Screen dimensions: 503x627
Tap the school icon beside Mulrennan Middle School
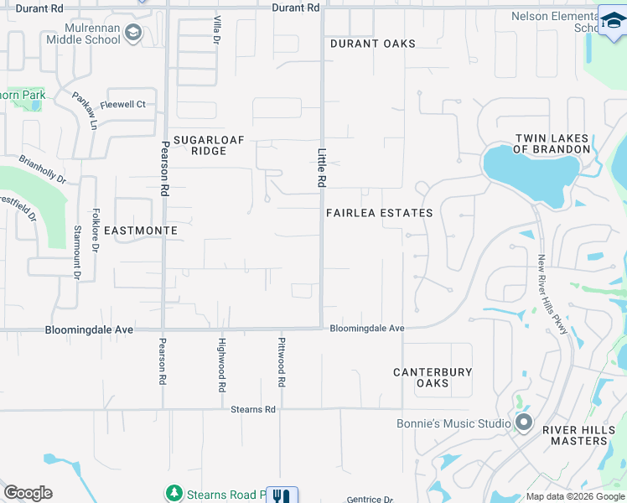[132, 33]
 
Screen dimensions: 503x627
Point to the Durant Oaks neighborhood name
[372, 44]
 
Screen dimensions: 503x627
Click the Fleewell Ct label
[123, 105]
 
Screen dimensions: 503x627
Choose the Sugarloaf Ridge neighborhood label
[199, 146]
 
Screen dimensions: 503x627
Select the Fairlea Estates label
[380, 213]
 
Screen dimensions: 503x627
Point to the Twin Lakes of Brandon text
[552, 143]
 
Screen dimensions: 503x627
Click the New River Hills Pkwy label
[554, 294]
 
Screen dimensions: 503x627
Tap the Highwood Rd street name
[222, 365]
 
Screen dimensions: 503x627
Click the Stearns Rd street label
[253, 409]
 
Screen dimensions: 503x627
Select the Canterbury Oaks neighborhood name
[433, 377]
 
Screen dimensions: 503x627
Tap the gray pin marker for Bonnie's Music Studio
[525, 422]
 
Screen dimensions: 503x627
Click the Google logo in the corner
[28, 492]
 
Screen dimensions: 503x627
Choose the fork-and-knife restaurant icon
[282, 496]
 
